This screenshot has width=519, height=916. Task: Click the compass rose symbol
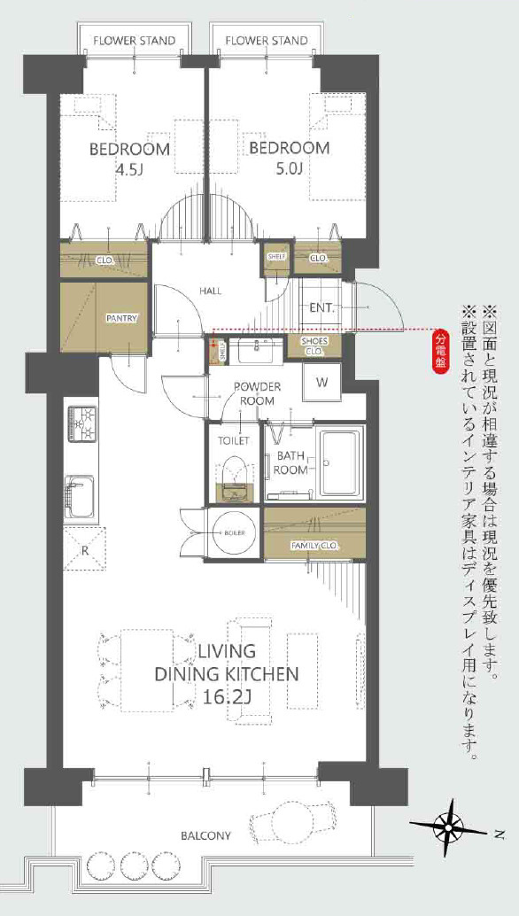tap(452, 828)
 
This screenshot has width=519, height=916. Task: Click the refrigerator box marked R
tap(85, 549)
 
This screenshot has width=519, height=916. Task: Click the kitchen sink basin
tap(81, 496)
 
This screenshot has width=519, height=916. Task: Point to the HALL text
tap(210, 291)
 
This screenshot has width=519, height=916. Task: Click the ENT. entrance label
tap(321, 308)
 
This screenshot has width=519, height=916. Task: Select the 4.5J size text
tap(105, 170)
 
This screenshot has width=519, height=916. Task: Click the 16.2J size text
tap(228, 697)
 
